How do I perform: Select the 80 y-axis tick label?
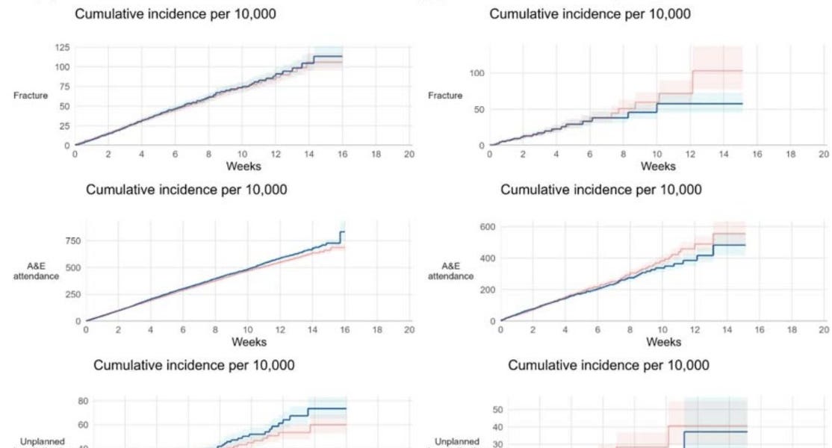(x=84, y=402)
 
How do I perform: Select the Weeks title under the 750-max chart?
(x=249, y=342)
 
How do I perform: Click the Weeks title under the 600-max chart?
(x=663, y=342)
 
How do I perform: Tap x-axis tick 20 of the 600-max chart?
(x=824, y=329)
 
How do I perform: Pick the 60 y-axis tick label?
(x=84, y=425)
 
